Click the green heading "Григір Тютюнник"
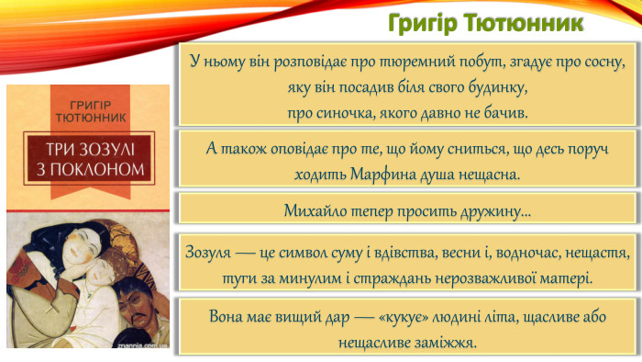[499, 20]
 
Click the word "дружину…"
[496, 212]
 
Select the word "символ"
[325, 253]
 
